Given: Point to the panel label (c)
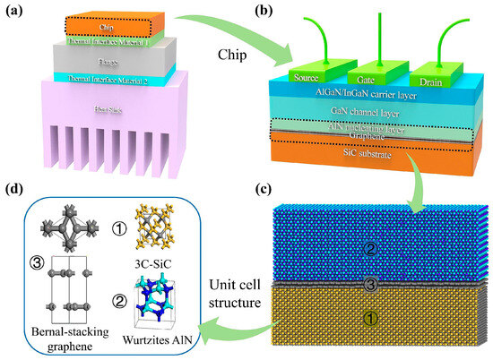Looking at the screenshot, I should point(476,191).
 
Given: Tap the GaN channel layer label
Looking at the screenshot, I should point(376,113).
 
